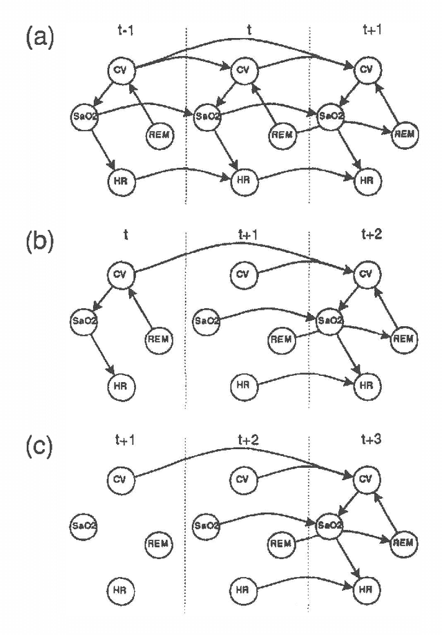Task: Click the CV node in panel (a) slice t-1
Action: click(x=121, y=69)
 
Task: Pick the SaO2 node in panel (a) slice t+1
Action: click(x=329, y=115)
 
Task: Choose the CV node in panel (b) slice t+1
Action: click(x=242, y=274)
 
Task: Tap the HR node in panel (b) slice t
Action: click(x=121, y=385)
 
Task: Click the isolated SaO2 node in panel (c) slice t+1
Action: click(x=84, y=525)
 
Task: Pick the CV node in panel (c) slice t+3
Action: click(x=365, y=479)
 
